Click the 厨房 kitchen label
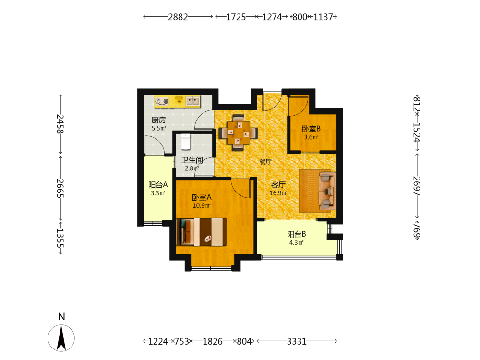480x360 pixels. [158, 120]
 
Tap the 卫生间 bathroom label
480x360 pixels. [192, 160]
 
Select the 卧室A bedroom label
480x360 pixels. [202, 197]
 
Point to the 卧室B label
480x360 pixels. [311, 129]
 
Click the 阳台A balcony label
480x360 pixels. [158, 185]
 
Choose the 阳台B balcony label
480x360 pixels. [296, 234]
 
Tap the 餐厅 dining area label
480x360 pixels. [265, 162]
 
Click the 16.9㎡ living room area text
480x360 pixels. [278, 193]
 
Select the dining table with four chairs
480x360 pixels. [238, 133]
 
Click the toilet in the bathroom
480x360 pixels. [186, 142]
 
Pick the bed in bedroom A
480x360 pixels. [202, 232]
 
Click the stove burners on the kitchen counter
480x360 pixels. [162, 101]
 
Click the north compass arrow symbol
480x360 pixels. [61, 338]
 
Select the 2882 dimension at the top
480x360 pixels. [178, 17]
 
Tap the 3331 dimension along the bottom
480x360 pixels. [297, 341]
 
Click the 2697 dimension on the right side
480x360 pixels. [417, 186]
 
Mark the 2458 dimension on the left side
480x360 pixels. [60, 124]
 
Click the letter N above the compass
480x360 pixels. [61, 316]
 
